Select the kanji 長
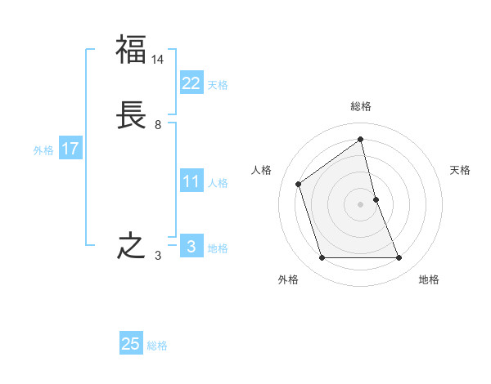point(131,116)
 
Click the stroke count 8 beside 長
point(158,125)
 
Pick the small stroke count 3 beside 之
point(158,256)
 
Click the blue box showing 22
point(191,83)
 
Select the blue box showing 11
point(191,181)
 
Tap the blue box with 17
point(70,149)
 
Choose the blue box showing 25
point(131,344)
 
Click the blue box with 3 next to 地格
point(191,246)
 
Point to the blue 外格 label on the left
point(43,150)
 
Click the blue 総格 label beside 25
point(157,346)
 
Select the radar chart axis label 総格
point(361,106)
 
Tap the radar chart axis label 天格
point(460,170)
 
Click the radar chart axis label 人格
point(261,170)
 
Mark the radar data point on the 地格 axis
point(399,258)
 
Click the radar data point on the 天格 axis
point(376,199)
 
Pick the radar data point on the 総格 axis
point(361,140)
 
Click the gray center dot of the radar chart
point(361,204)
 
